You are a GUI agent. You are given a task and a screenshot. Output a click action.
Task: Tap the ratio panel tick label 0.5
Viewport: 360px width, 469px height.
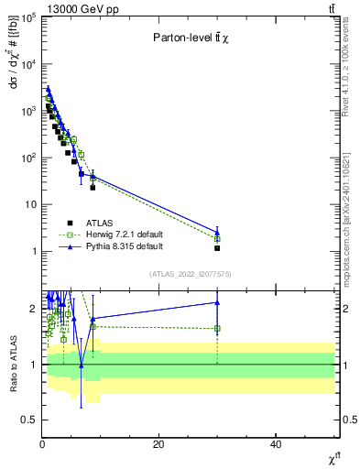pyautogui.click(x=29, y=420)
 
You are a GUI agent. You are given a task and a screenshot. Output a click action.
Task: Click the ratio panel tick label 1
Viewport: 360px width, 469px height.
pyautogui.click(x=34, y=365)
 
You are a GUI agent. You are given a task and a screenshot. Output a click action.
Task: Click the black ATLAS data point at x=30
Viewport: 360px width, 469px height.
pyautogui.click(x=217, y=248)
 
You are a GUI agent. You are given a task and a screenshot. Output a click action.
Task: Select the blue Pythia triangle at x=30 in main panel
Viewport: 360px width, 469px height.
pyautogui.click(x=217, y=232)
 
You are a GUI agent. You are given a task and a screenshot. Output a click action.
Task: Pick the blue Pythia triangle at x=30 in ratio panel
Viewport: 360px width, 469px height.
pyautogui.click(x=217, y=302)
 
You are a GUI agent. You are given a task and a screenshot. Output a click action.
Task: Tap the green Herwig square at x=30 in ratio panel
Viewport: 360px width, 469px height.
pyautogui.click(x=217, y=328)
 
